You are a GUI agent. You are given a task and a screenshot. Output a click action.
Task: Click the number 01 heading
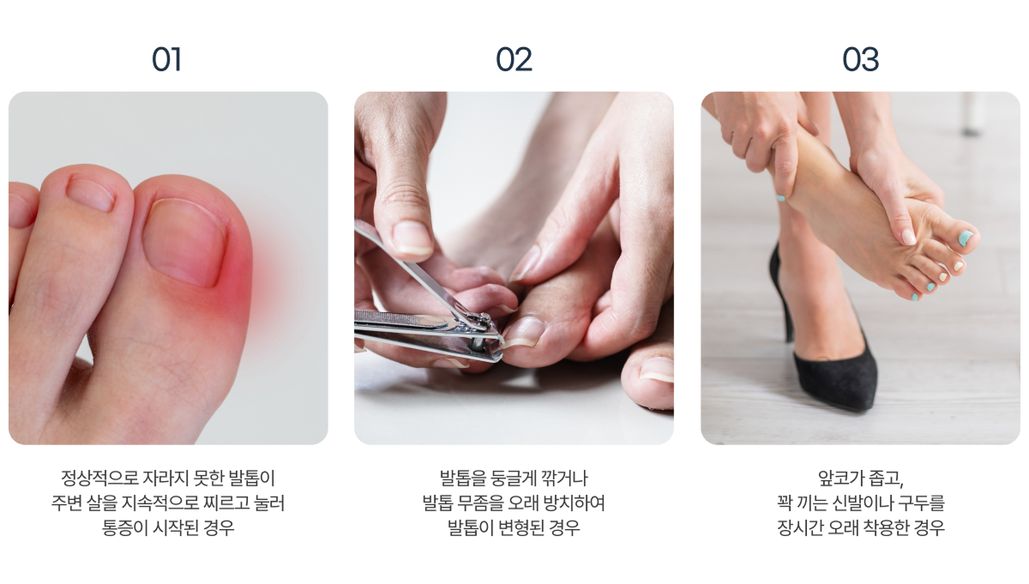pyautogui.click(x=166, y=60)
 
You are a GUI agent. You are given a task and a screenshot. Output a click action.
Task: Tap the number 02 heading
pyautogui.click(x=514, y=60)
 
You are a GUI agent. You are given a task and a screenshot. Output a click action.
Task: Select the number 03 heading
pyautogui.click(x=860, y=60)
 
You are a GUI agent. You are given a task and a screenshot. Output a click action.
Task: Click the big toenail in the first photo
pyautogui.click(x=185, y=242)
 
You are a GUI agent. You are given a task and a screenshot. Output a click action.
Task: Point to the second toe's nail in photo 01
pyautogui.click(x=91, y=195)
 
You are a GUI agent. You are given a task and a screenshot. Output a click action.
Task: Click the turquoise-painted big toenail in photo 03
pyautogui.click(x=966, y=238)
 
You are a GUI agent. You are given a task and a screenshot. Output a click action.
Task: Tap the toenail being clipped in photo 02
pyautogui.click(x=524, y=332)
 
